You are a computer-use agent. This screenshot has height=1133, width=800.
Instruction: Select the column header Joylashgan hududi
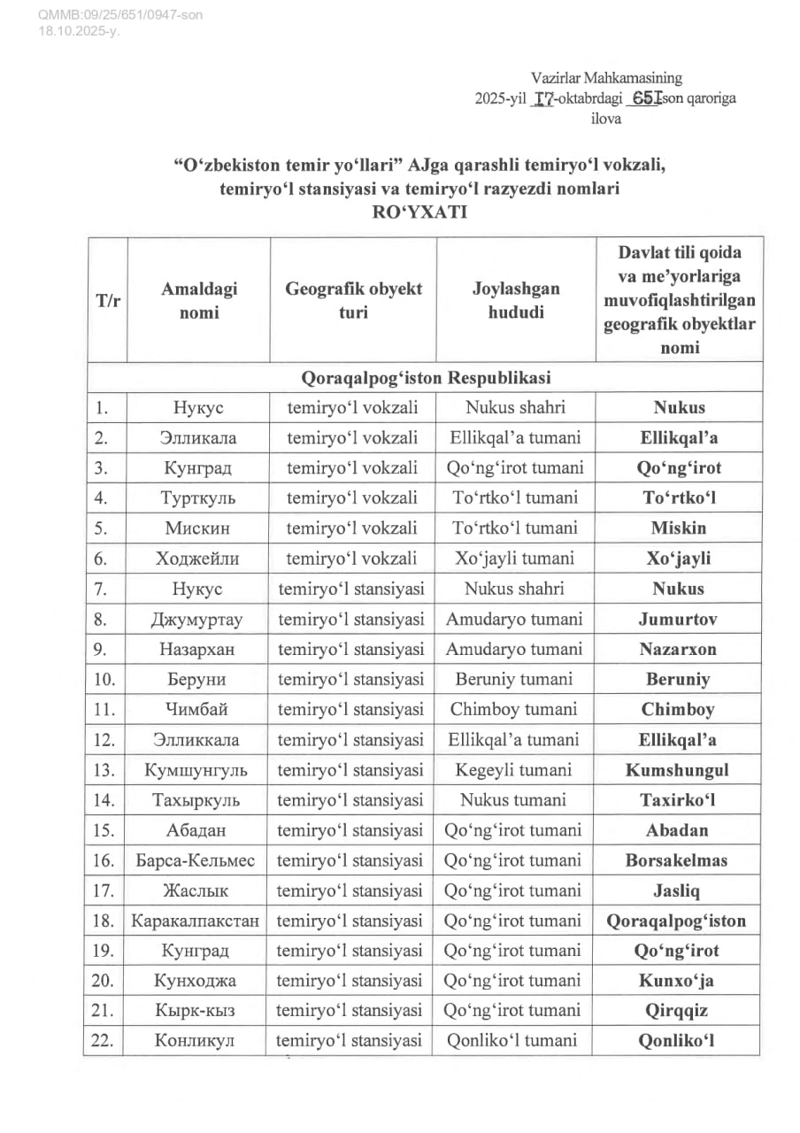[x=515, y=301]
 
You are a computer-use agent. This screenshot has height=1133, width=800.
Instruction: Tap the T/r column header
[x=108, y=301]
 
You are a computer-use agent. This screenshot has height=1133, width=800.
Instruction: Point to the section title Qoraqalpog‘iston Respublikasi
[x=427, y=378]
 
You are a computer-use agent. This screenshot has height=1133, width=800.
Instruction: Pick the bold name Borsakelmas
[x=676, y=860]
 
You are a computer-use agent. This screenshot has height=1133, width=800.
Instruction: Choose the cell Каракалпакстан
[x=196, y=921]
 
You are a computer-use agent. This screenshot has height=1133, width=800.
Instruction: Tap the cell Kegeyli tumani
[x=513, y=769]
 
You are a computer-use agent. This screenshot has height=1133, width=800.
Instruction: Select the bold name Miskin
[x=679, y=528]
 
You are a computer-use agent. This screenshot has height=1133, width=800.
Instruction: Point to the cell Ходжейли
[x=200, y=559]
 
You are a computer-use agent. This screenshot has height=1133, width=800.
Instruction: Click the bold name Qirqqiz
[x=678, y=1011]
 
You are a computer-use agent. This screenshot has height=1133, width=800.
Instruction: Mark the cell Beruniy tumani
[x=513, y=679]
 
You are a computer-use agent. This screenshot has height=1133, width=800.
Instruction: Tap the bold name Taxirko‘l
[x=678, y=799]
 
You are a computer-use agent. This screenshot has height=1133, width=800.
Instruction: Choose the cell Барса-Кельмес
[x=196, y=860]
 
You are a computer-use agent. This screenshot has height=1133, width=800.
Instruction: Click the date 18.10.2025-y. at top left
[x=79, y=31]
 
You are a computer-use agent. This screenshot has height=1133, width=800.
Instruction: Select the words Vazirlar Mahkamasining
[x=606, y=80]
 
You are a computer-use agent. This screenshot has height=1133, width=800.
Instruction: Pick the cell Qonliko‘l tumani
[x=513, y=1041]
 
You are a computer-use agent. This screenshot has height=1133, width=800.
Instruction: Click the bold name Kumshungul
[x=677, y=769]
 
